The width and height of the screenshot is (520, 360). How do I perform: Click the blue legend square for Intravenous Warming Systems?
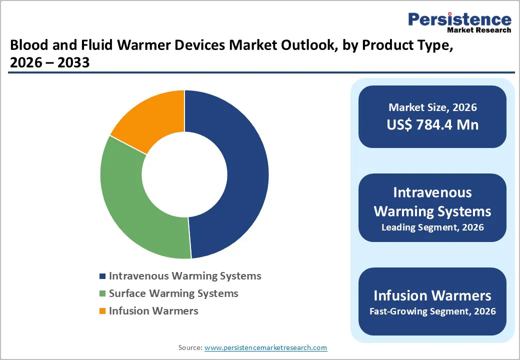pos(102,276)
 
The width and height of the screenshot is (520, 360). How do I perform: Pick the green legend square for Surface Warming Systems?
pos(102,293)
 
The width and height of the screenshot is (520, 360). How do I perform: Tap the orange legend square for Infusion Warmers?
pos(102,311)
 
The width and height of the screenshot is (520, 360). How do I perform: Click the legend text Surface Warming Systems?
pos(173,293)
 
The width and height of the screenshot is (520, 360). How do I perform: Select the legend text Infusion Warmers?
pos(153,311)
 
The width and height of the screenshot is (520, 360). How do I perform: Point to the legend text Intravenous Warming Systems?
pos(185,276)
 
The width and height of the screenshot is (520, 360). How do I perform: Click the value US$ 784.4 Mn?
pos(432,124)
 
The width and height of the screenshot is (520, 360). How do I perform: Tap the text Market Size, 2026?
pos(432,107)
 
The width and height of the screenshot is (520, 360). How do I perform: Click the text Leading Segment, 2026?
pos(432,227)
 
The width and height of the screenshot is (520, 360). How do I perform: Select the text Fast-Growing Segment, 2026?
pos(432,311)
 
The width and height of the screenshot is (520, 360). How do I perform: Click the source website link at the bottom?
pos(266,347)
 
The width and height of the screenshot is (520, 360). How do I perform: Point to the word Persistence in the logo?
pos(460,19)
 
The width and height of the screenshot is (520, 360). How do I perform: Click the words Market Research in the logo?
pos(478,30)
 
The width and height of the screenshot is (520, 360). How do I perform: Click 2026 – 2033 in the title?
pos(49,62)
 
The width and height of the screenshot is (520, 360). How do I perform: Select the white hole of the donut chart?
pos(184,175)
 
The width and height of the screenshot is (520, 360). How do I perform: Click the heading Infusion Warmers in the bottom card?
pos(432,295)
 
